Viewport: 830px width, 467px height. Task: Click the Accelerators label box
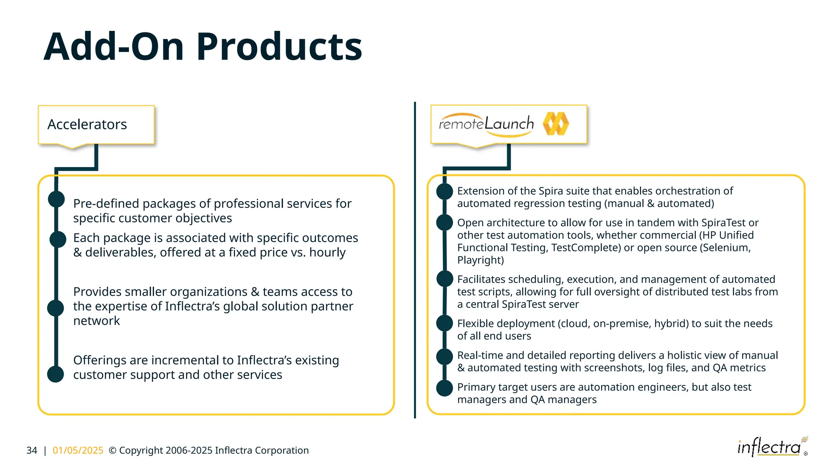96,124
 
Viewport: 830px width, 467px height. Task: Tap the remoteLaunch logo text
486,123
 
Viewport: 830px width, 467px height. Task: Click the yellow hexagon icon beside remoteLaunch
556,124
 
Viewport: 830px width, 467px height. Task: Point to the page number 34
32,450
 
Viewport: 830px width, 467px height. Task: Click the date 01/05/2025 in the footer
78,450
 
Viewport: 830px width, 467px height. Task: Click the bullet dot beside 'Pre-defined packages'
56,199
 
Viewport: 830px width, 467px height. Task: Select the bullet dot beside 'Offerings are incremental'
56,374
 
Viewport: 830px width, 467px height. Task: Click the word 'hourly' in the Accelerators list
327,253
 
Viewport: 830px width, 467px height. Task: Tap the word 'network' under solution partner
96,321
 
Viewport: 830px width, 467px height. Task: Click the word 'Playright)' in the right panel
480,260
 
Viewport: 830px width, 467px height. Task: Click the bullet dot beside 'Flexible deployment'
444,323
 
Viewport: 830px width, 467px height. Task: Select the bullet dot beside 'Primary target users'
444,388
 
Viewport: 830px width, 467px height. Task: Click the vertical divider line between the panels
415,259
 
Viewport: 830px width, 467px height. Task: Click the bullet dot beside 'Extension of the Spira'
444,191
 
